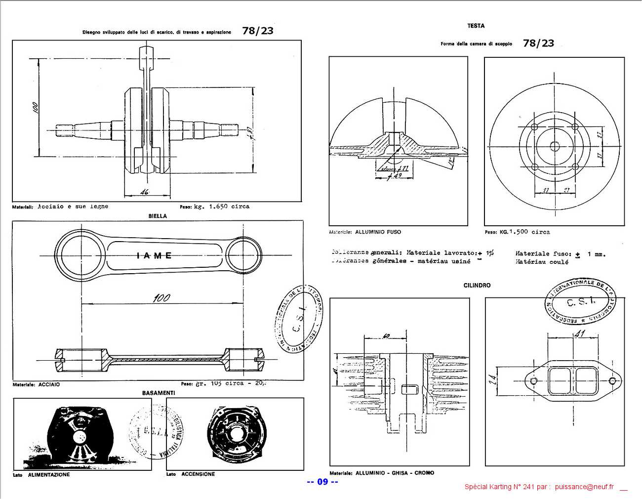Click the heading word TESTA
(x=476, y=26)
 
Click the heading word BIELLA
(x=158, y=216)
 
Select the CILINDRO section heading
(x=477, y=286)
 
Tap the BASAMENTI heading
(x=159, y=393)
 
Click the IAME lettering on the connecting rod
(x=155, y=255)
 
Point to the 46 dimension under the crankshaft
(x=144, y=192)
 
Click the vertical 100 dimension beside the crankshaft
(x=35, y=108)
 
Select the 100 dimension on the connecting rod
(x=161, y=298)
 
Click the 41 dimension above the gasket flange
(x=579, y=334)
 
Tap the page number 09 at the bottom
(x=322, y=482)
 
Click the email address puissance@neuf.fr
(x=584, y=487)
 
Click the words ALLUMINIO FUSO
(x=378, y=232)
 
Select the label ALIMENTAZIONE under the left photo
(x=49, y=475)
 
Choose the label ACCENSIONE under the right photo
(x=198, y=474)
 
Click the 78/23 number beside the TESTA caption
(x=538, y=43)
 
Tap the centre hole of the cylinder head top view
(x=554, y=146)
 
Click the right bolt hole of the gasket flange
(x=613, y=381)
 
